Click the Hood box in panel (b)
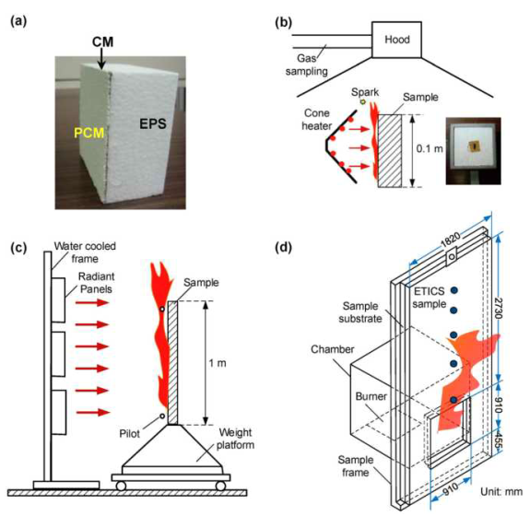[x=396, y=40]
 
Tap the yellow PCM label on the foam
[x=88, y=133]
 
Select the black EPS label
[x=153, y=124]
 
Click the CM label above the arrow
[x=102, y=41]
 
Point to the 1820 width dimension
[x=450, y=240]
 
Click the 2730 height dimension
[x=499, y=308]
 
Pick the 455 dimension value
[x=499, y=438]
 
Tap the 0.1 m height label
[x=430, y=148]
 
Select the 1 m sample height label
[x=218, y=363]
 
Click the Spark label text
[x=365, y=92]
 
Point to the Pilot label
[x=129, y=434]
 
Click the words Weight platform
[x=235, y=439]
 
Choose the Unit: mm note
[x=501, y=491]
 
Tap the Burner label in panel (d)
[x=371, y=396]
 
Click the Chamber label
[x=332, y=349]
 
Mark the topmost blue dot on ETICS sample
[x=454, y=289]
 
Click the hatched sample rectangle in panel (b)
[x=390, y=151]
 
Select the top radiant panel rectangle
[x=58, y=300]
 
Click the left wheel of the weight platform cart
[x=121, y=486]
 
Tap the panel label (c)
[x=18, y=248]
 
